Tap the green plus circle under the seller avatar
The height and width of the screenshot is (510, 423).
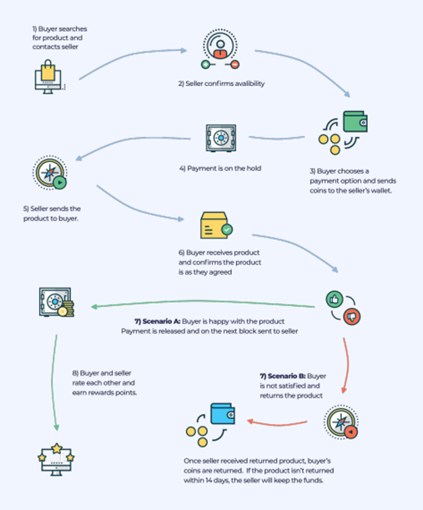point(205,64)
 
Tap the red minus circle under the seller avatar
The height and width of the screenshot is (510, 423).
point(234,64)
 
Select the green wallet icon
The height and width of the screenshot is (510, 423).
point(355,122)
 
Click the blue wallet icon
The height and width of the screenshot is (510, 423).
point(223,414)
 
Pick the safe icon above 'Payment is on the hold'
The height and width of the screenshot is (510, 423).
point(221,138)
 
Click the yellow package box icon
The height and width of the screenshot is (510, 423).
point(214,225)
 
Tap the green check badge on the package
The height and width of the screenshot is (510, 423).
point(227,230)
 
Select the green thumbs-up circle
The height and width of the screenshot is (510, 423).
point(335,299)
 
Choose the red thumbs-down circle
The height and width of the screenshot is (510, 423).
point(352,316)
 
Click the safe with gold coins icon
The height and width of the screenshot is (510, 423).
point(57,302)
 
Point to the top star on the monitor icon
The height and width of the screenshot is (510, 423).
point(57,448)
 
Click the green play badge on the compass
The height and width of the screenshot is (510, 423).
point(59,183)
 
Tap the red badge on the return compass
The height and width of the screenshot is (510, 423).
point(350,432)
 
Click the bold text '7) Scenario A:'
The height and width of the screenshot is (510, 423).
point(158,321)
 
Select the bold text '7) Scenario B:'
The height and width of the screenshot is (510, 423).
point(283,376)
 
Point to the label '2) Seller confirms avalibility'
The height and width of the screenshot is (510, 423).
point(221,83)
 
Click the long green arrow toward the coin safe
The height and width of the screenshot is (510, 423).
point(203,302)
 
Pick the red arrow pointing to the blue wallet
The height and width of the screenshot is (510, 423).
point(277,424)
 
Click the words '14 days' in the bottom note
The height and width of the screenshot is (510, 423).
point(217,481)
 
